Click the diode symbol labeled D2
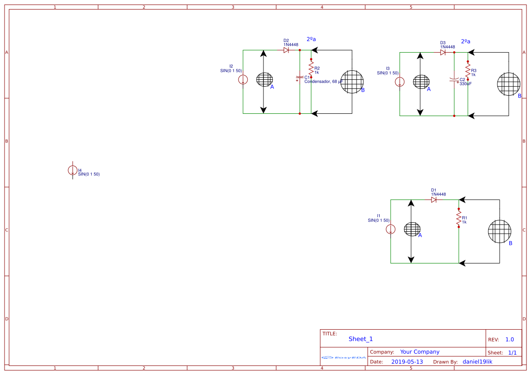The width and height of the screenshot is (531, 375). pos(286,50)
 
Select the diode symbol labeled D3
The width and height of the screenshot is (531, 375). pos(443,52)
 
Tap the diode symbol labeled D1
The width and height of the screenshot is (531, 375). pos(434,200)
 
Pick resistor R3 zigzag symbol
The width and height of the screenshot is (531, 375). pos(468,70)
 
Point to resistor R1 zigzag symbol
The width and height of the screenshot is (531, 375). pos(459,218)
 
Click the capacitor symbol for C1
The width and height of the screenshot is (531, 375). pos(299,77)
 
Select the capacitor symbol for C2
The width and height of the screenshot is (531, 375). pos(454,79)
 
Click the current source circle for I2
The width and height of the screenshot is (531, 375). pos(243,80)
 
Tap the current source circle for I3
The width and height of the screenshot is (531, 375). pos(400,82)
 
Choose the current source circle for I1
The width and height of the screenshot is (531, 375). pos(391,229)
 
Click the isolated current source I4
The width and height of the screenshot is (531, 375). pos(72,170)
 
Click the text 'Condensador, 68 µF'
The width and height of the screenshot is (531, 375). pos(323,82)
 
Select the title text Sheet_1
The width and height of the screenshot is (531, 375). pos(361,339)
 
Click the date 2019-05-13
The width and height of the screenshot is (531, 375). pos(407,362)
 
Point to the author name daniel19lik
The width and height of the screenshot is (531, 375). pos(477,362)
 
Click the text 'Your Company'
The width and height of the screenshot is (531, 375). pos(420,352)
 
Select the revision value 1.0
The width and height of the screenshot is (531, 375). pos(509,340)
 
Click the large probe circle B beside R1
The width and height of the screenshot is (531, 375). pos(499,231)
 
